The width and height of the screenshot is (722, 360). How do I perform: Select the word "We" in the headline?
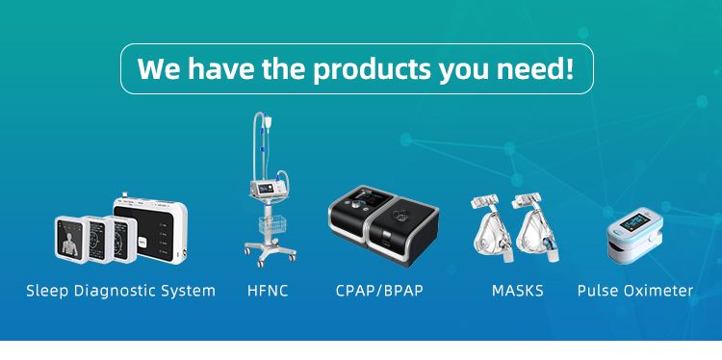tap(160, 69)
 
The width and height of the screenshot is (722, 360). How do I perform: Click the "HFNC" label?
tap(268, 290)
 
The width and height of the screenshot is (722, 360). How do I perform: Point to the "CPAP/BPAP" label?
tap(380, 290)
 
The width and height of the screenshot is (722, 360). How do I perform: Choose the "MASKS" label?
tap(517, 290)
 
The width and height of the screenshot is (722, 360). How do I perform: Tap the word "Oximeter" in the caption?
tap(658, 290)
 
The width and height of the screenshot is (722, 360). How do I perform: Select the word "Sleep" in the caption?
tap(46, 290)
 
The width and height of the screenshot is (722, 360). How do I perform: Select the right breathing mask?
tap(536, 232)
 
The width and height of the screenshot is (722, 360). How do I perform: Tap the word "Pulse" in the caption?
tap(598, 290)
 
